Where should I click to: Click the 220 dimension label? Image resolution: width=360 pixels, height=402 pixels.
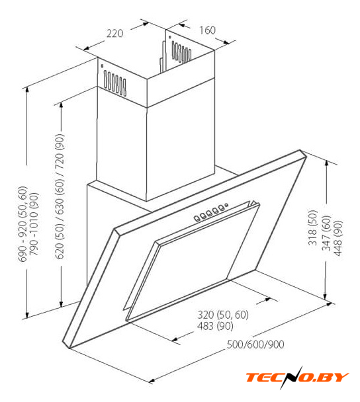[114, 34]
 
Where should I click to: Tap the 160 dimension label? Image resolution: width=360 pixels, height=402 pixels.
[207, 30]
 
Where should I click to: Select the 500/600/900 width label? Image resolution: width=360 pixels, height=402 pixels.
[255, 344]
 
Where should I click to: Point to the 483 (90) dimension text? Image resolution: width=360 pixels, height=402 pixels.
[215, 326]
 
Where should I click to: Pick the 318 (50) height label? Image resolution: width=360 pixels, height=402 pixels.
[313, 228]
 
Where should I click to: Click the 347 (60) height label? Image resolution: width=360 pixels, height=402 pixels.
[327, 233]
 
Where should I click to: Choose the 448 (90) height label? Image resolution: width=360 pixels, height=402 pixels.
[338, 238]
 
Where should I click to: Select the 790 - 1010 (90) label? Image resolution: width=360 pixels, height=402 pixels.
[34, 224]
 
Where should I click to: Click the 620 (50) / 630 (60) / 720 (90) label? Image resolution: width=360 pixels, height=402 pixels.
[60, 196]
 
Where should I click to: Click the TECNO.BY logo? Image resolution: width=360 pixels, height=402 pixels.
[297, 377]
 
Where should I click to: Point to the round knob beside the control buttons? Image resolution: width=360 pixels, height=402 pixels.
[226, 205]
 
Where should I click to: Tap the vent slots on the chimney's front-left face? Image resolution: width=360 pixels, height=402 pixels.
[115, 83]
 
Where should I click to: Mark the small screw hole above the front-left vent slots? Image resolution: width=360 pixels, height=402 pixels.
[102, 66]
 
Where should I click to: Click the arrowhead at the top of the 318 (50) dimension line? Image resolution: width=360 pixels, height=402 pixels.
[326, 163]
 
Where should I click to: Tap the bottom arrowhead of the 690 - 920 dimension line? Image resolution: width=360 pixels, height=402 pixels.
[27, 315]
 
